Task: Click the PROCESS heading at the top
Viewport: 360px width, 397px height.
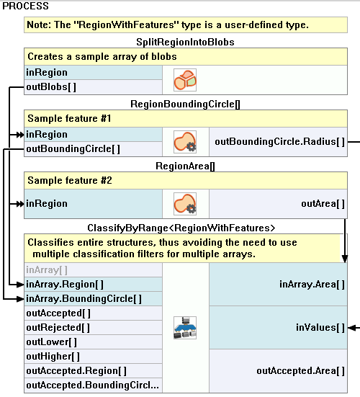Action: [27, 6]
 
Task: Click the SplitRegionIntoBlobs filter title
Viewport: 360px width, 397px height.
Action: [185, 42]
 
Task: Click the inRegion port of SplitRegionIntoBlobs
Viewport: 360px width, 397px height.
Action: [47, 73]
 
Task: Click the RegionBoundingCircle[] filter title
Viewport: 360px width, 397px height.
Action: [185, 104]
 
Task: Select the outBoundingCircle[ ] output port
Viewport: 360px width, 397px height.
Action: [73, 148]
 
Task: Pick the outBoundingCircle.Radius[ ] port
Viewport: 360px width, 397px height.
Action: [279, 141]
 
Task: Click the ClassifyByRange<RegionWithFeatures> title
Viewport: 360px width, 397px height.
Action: [181, 228]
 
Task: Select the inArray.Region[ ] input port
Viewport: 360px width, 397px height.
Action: [65, 285]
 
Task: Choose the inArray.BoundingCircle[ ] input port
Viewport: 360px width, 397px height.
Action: [84, 298]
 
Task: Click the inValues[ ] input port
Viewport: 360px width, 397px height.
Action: [320, 328]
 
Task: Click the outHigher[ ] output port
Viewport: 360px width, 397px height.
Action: [53, 356]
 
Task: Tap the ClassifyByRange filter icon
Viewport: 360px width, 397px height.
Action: [185, 328]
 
